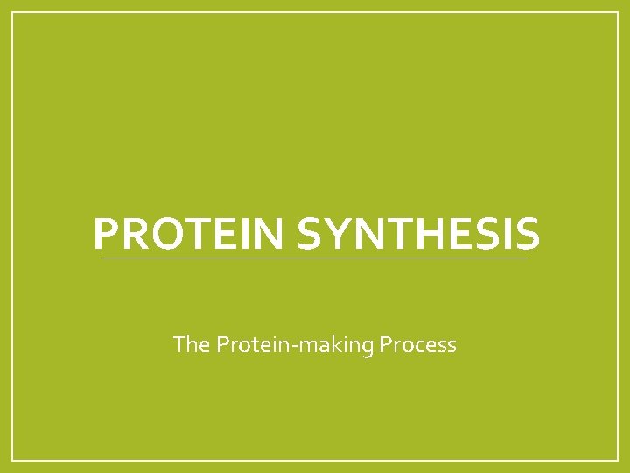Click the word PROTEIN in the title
coord(190,234)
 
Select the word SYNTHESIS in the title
coord(419,234)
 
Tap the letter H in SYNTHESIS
coord(421,234)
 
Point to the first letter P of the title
coord(104,234)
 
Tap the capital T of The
coord(179,345)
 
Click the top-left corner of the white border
coord(12,12)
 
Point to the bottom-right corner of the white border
coord(618,460)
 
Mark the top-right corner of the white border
coord(618,12)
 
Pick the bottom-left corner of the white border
coord(12,460)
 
